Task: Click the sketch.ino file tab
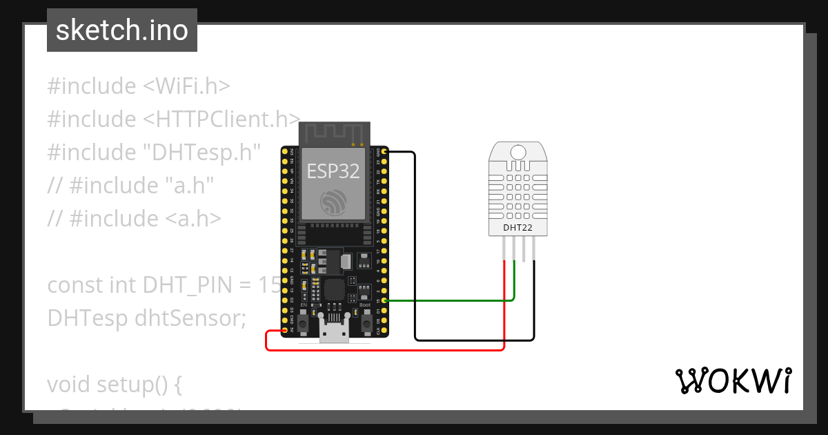[x=122, y=30]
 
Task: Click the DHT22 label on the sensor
[x=517, y=227]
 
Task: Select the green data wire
[x=448, y=300]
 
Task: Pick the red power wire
[x=386, y=350]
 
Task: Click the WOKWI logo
[x=733, y=381]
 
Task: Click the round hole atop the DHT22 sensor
[x=517, y=152]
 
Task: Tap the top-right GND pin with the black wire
[x=384, y=151]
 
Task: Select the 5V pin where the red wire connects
[x=284, y=331]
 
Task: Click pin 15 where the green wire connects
[x=384, y=300]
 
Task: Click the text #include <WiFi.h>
[x=139, y=86]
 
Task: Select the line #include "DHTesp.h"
[x=154, y=152]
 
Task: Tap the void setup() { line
[x=115, y=384]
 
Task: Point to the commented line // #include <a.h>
[x=135, y=218]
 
